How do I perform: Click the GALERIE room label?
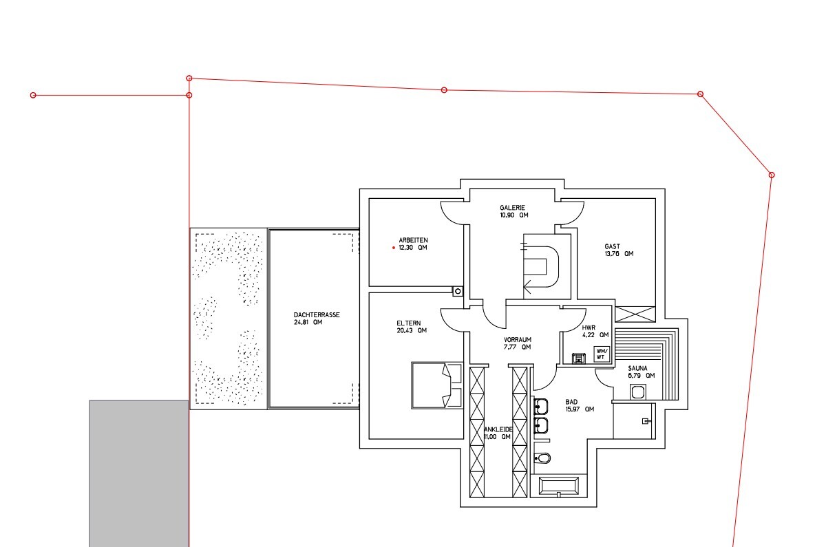[x=512, y=208]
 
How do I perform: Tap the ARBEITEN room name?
[x=414, y=240]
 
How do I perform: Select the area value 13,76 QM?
[x=619, y=254]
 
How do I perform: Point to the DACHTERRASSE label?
[x=317, y=315]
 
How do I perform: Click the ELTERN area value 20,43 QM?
[x=412, y=331]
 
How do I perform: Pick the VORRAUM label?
[x=518, y=339]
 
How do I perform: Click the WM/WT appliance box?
[x=602, y=354]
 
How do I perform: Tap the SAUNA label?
[x=637, y=368]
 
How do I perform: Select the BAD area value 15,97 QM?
[x=580, y=409]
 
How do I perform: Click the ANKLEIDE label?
[x=498, y=429]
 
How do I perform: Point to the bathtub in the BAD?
[x=559, y=486]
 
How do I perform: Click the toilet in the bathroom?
[x=542, y=458]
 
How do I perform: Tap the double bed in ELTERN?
[x=437, y=385]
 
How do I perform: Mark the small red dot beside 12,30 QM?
[x=394, y=248]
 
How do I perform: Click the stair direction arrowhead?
[x=527, y=286]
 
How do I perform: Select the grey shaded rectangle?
[x=139, y=473]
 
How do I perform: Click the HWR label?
[x=589, y=328]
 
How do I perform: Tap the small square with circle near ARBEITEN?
[x=458, y=291]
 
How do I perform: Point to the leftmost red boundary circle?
[x=33, y=95]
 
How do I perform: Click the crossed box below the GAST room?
[x=635, y=314]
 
